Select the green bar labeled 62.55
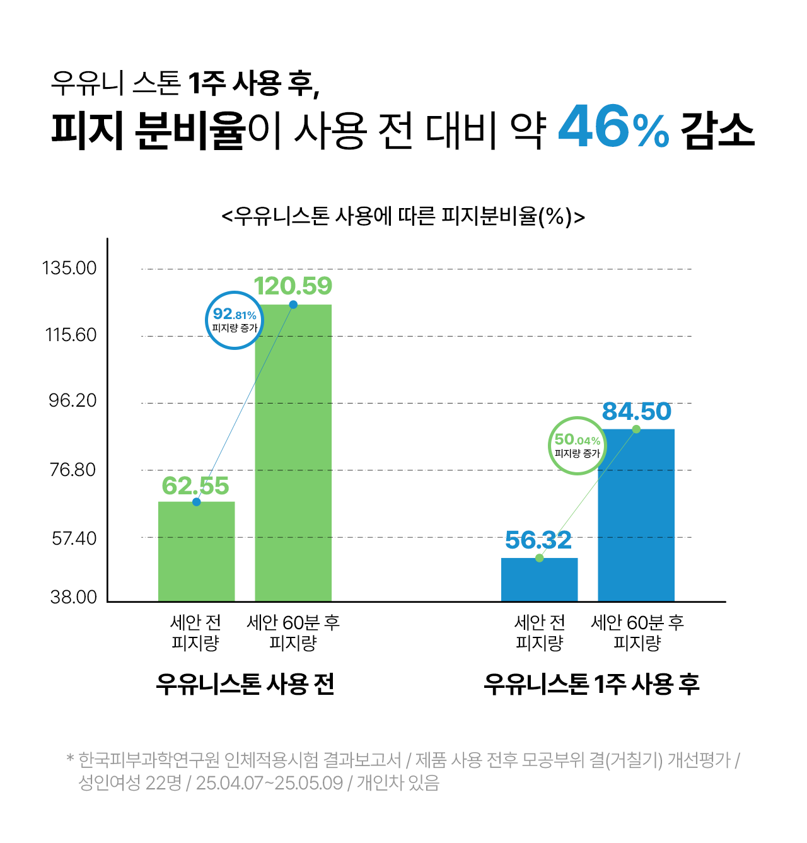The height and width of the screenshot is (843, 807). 196,552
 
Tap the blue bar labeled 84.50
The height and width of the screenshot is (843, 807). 636,516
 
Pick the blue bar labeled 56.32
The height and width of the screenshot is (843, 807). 539,580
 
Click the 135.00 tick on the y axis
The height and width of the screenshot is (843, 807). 70,269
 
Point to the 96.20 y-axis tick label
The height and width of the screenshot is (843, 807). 73,401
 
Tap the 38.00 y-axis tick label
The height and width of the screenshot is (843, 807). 74,597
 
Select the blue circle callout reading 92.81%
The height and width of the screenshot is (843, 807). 235,320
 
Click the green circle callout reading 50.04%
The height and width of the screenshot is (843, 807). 578,446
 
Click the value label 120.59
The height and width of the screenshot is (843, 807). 293,286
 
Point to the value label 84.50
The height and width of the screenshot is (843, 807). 637,412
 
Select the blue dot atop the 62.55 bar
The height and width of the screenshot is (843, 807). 197,502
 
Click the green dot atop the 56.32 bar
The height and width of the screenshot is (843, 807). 539,558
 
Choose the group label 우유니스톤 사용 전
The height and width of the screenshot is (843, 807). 245,684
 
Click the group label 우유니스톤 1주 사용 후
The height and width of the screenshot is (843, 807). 591,684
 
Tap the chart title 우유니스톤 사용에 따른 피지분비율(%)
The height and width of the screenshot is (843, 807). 403,216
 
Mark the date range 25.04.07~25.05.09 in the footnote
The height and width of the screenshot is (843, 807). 269,783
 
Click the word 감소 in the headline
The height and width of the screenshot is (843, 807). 717,131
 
